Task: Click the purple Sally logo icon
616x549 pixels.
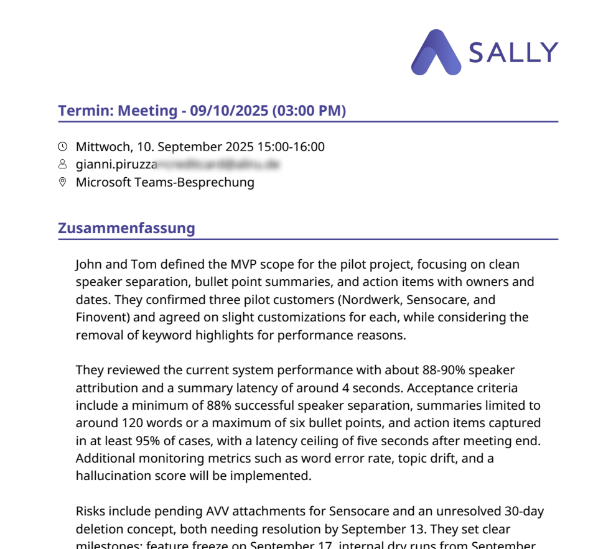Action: [436, 53]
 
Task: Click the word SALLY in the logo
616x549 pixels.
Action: [513, 53]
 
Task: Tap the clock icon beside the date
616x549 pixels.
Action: [62, 147]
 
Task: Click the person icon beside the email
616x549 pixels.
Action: [62, 165]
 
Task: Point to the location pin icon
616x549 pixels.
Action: [62, 182]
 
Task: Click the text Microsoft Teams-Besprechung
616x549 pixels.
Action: [165, 182]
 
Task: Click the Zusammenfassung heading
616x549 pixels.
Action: [126, 228]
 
